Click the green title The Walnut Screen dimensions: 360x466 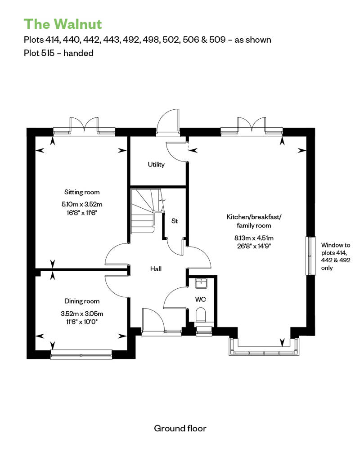pyautogui.click(x=63, y=24)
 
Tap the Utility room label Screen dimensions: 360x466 pyautogui.click(x=156, y=164)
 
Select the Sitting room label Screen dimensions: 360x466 pyautogui.click(x=82, y=192)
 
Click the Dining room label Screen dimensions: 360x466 pyautogui.click(x=82, y=301)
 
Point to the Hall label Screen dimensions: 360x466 pyautogui.click(x=156, y=269)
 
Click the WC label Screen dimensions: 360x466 pyautogui.click(x=200, y=299)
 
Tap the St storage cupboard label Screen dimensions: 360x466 pyautogui.click(x=175, y=221)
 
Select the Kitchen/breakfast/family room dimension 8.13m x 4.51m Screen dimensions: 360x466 pyautogui.click(x=254, y=238)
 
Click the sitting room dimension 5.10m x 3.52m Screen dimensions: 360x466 pyautogui.click(x=82, y=204)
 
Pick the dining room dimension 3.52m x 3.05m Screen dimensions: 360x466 pyautogui.click(x=82, y=314)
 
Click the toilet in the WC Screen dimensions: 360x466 pyautogui.click(x=201, y=315)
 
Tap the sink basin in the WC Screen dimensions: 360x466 pyautogui.click(x=201, y=283)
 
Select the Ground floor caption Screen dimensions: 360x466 pyautogui.click(x=180, y=428)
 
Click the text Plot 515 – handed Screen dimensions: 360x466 pyautogui.click(x=58, y=53)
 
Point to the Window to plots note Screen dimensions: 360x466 pyautogui.click(x=336, y=256)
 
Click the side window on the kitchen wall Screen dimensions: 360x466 pyautogui.click(x=310, y=255)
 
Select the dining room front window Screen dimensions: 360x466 pyautogui.click(x=81, y=354)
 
